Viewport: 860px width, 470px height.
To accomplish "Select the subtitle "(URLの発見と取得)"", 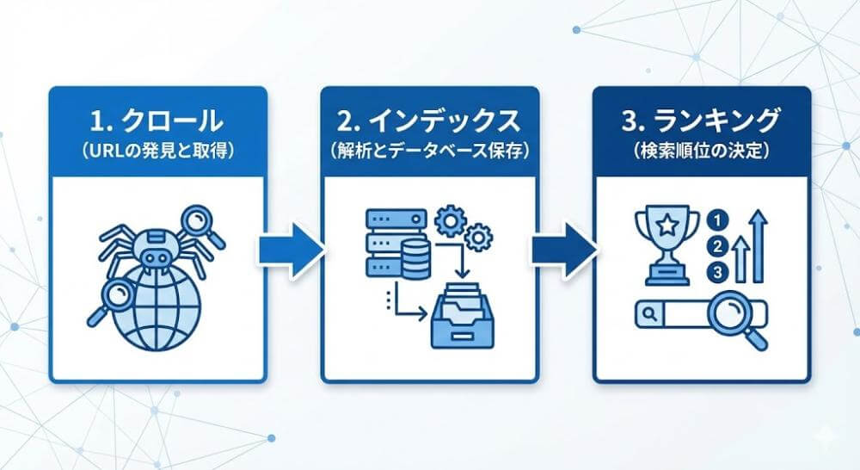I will (157, 151).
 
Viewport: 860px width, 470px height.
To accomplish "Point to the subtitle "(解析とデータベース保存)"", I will (429, 151).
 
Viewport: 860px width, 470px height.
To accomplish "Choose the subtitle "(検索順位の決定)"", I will (701, 151).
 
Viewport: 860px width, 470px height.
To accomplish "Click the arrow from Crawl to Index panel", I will (291, 249).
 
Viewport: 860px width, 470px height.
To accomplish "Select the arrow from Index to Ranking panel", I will (563, 249).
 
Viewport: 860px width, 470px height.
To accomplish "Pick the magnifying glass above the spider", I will (200, 223).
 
